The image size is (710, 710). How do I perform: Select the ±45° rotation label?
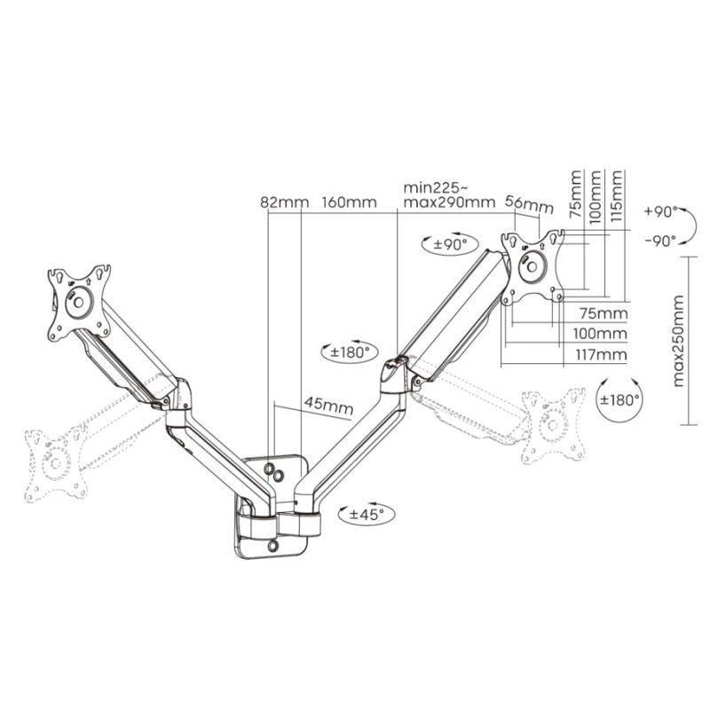coord(370,514)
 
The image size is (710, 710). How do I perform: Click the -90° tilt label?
coord(660,240)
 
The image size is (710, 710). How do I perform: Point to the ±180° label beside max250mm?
coord(619,399)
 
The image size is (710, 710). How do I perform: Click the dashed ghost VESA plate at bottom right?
coord(552,424)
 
